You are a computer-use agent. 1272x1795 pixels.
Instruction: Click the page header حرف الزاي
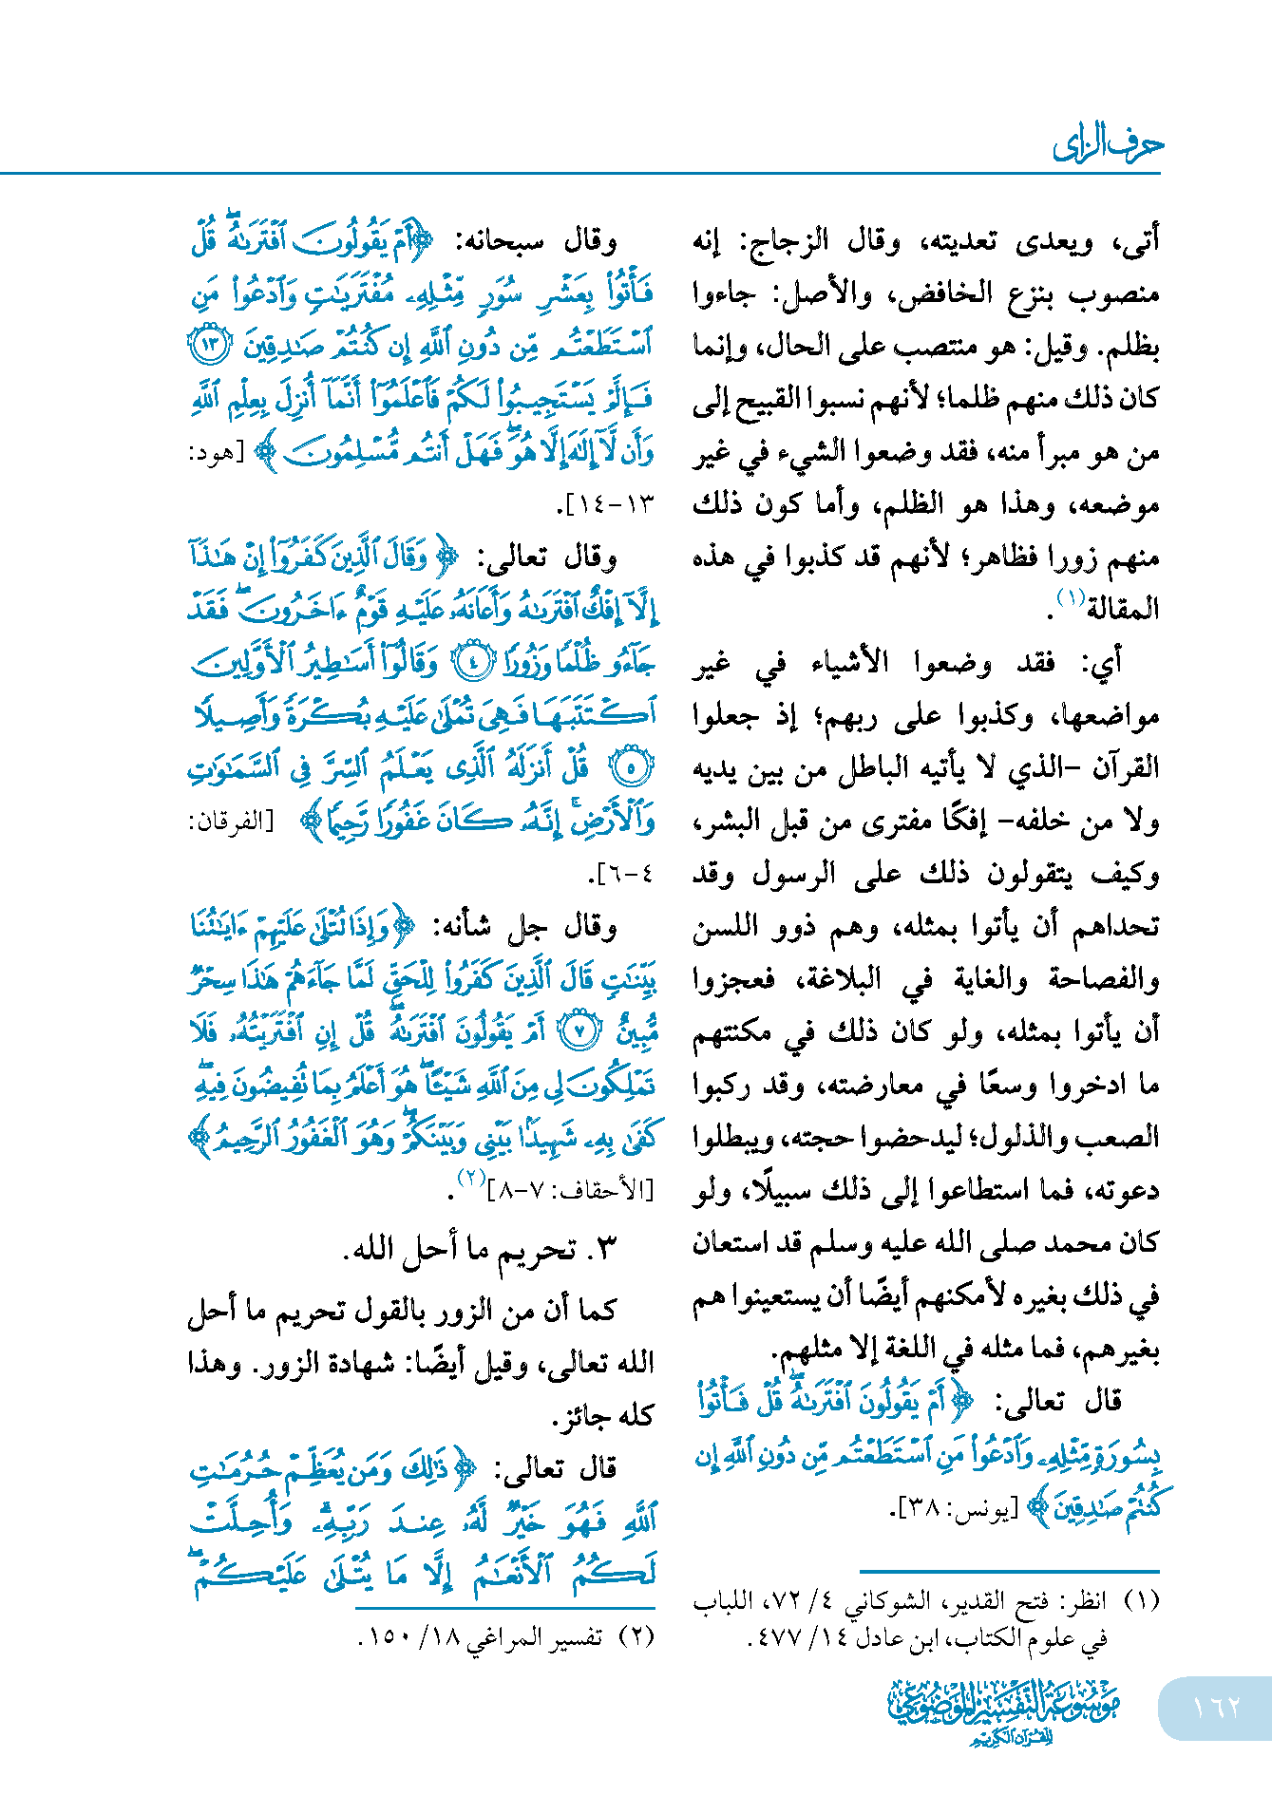coord(1107,145)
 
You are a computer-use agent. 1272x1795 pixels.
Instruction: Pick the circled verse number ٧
coord(579,1030)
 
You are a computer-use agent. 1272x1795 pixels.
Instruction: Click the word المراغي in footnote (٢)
coord(502,1637)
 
